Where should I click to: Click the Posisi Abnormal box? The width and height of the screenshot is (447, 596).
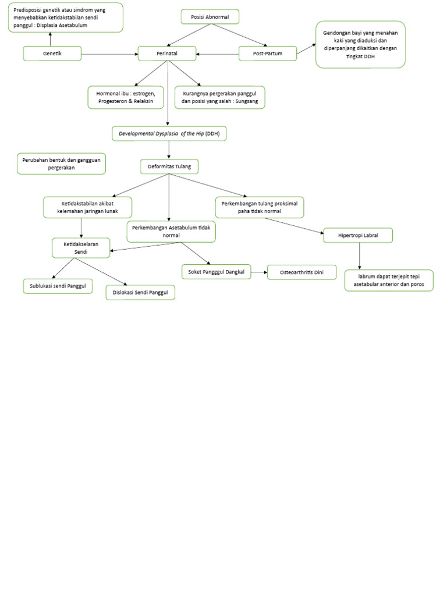pos(210,17)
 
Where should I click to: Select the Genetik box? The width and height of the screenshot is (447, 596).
pos(52,54)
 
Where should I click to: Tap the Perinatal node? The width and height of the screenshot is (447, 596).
pos(167,54)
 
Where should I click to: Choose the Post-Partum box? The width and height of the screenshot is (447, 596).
pos(268,54)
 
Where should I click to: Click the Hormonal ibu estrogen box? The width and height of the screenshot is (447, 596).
pos(126,97)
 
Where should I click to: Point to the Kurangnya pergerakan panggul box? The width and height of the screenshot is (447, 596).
pos(219,97)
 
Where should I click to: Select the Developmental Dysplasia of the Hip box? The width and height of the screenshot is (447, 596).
pos(169,134)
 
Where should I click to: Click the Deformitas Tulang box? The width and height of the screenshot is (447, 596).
pos(169,166)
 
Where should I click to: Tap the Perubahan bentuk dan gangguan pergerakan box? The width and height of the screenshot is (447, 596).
pos(62,164)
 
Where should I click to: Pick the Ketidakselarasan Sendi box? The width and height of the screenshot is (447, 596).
pos(81,248)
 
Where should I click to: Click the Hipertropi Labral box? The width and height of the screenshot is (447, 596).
pos(358,235)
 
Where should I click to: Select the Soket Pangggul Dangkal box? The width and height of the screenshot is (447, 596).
pos(216,271)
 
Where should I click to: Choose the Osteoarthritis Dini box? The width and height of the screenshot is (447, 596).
pos(301,272)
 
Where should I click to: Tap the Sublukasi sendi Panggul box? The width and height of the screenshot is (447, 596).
pos(58,286)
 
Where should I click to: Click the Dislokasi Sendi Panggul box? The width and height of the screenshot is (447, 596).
pos(140,292)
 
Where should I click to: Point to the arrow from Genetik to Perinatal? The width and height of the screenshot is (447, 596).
pos(109,54)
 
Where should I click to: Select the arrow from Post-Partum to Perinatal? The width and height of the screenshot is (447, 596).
pos(218,54)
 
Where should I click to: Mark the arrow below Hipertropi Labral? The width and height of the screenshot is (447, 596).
pos(359,256)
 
